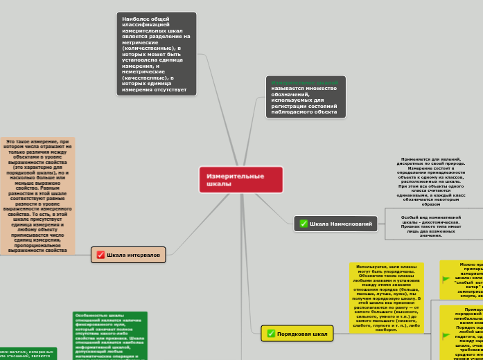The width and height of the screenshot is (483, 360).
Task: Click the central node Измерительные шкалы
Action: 240,180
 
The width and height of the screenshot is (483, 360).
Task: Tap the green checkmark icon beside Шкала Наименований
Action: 303,224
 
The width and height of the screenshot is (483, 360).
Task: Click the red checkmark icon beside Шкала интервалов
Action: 100,255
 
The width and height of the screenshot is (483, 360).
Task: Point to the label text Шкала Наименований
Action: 341,224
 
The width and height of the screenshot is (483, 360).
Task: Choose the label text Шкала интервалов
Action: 134,255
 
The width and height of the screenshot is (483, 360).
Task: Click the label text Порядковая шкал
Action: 302,334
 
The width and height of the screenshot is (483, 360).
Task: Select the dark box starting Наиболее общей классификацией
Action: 156,53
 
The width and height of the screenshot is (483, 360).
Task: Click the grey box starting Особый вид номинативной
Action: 431,226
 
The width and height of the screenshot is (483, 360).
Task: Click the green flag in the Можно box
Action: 446,278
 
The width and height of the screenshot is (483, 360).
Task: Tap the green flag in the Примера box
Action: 446,336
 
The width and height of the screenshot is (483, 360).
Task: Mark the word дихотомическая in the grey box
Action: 441,222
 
